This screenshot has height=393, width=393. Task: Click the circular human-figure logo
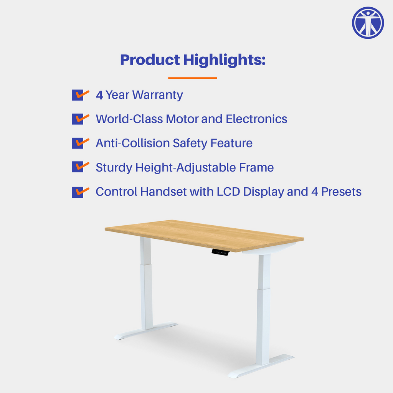pos(368,23)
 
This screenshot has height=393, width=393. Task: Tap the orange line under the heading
pos(192,78)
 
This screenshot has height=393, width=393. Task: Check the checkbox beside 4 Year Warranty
pos(78,95)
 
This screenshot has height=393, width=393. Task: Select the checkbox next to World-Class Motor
pos(78,119)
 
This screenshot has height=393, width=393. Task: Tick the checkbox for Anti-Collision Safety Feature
pos(78,143)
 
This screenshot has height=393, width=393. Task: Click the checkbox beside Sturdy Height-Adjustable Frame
pos(78,167)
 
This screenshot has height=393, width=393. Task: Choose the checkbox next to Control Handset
pos(78,192)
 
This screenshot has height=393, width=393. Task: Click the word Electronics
pos(256,119)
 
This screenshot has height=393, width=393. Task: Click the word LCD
pos(229,192)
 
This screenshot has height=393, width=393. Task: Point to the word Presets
pos(341,192)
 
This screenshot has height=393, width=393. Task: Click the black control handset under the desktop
pos(220,252)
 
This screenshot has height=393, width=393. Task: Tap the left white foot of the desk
pos(145,331)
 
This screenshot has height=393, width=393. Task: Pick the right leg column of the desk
pos(264,307)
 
